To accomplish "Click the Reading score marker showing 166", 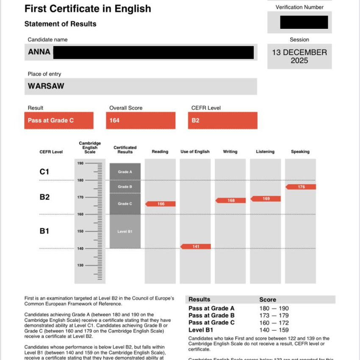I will (161, 204).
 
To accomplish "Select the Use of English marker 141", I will (196, 246).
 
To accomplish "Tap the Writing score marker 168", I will (231, 200).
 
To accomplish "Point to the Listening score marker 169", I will (266, 199).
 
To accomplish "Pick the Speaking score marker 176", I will (301, 187).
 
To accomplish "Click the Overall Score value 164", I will (114, 120).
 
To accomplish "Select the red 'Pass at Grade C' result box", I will (58, 120).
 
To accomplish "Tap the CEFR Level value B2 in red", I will (195, 120).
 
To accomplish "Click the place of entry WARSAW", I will (46, 86).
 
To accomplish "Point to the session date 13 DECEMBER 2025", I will (299, 56).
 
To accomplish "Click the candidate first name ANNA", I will (39, 52).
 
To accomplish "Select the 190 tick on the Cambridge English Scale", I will (80, 163).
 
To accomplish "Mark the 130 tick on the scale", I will (80, 266).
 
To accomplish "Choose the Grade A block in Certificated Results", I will (125, 172).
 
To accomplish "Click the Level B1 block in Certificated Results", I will (125, 232).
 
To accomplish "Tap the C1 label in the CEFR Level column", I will (44, 172).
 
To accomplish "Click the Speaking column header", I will (300, 152).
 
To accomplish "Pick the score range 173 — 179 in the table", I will (274, 316).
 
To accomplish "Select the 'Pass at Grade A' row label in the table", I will (211, 308).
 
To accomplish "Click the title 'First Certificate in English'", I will (88, 8).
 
